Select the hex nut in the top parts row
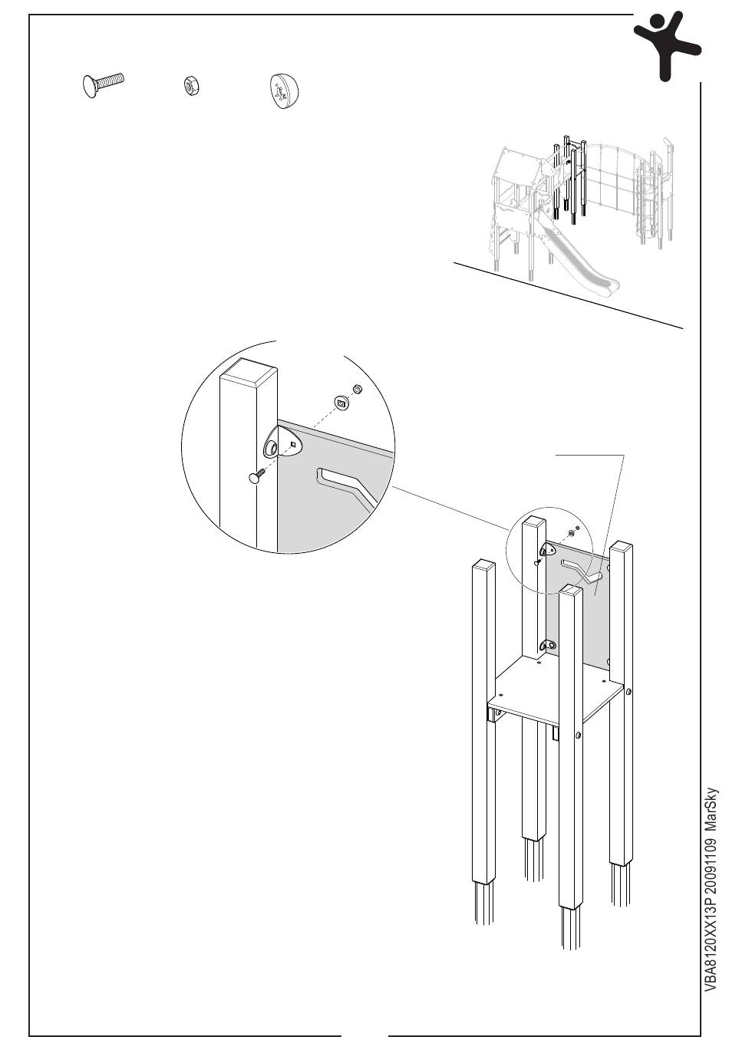click(x=190, y=85)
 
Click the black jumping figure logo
click(x=665, y=44)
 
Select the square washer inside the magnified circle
click(x=340, y=401)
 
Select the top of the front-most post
click(x=571, y=590)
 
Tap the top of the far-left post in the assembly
click(x=484, y=565)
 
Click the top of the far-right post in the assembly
click(x=621, y=546)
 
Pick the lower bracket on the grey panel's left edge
click(x=548, y=644)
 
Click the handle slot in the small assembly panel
click(x=581, y=569)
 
